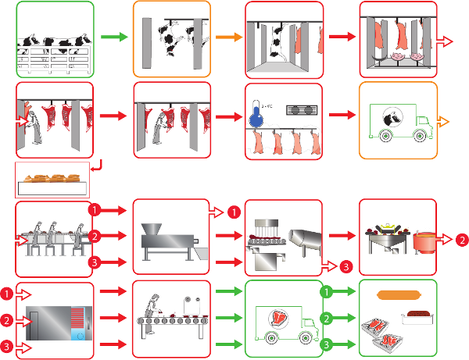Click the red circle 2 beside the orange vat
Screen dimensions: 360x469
(462, 238)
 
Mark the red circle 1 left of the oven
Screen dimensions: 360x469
(7, 294)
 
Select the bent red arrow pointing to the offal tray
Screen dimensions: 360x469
(96, 167)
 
